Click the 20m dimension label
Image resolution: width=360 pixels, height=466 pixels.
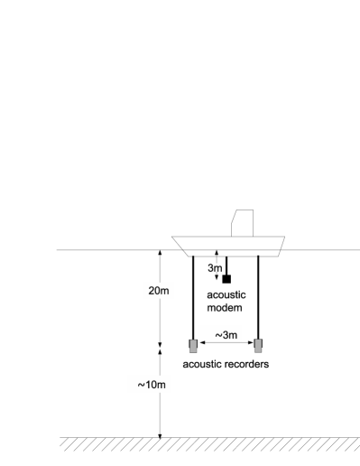(158, 291)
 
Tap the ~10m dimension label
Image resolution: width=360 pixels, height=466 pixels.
(149, 385)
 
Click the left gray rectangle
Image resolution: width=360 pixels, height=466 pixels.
(193, 346)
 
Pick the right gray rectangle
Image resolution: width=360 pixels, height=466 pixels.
(258, 346)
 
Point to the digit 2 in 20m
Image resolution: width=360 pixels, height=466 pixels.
(151, 291)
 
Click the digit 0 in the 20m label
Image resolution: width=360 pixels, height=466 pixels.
(157, 291)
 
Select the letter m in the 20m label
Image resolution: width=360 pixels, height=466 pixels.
(165, 291)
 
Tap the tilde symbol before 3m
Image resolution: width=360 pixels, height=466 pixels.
(218, 336)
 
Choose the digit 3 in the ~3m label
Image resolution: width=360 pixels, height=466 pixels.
(225, 336)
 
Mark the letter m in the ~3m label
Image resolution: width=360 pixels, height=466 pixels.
(233, 336)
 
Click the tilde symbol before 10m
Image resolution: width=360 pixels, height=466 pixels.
(141, 385)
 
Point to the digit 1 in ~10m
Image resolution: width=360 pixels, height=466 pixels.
(147, 385)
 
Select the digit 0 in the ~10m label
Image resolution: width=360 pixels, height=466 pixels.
(153, 385)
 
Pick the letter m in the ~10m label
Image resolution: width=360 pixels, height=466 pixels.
(162, 385)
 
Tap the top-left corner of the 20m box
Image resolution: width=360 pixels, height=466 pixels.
(144, 283)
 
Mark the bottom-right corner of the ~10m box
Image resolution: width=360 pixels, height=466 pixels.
(170, 393)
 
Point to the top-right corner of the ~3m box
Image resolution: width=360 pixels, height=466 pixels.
(242, 326)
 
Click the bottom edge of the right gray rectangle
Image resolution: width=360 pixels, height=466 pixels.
(258, 352)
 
